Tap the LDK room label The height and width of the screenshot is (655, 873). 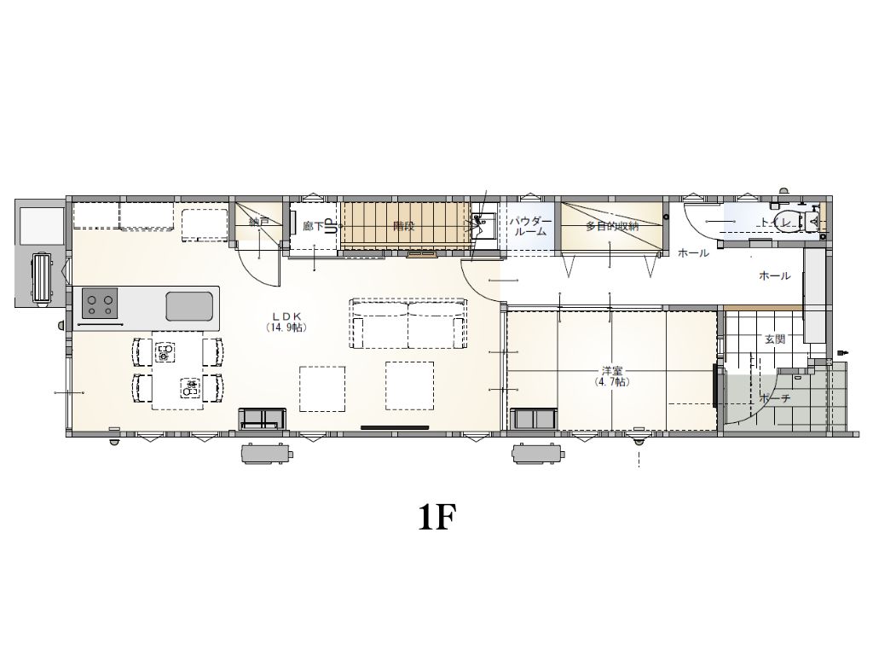(286, 316)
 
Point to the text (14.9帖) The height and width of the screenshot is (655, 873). (286, 327)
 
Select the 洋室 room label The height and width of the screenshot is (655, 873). (611, 371)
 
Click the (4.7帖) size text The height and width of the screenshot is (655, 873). (611, 383)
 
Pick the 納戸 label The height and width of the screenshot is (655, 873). (259, 223)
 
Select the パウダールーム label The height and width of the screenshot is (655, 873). (531, 226)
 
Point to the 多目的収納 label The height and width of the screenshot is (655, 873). (612, 226)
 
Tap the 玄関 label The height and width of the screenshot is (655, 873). (774, 339)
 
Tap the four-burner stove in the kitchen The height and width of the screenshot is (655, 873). (99, 303)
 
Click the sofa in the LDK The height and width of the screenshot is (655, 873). (408, 323)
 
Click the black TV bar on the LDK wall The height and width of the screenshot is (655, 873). (395, 426)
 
